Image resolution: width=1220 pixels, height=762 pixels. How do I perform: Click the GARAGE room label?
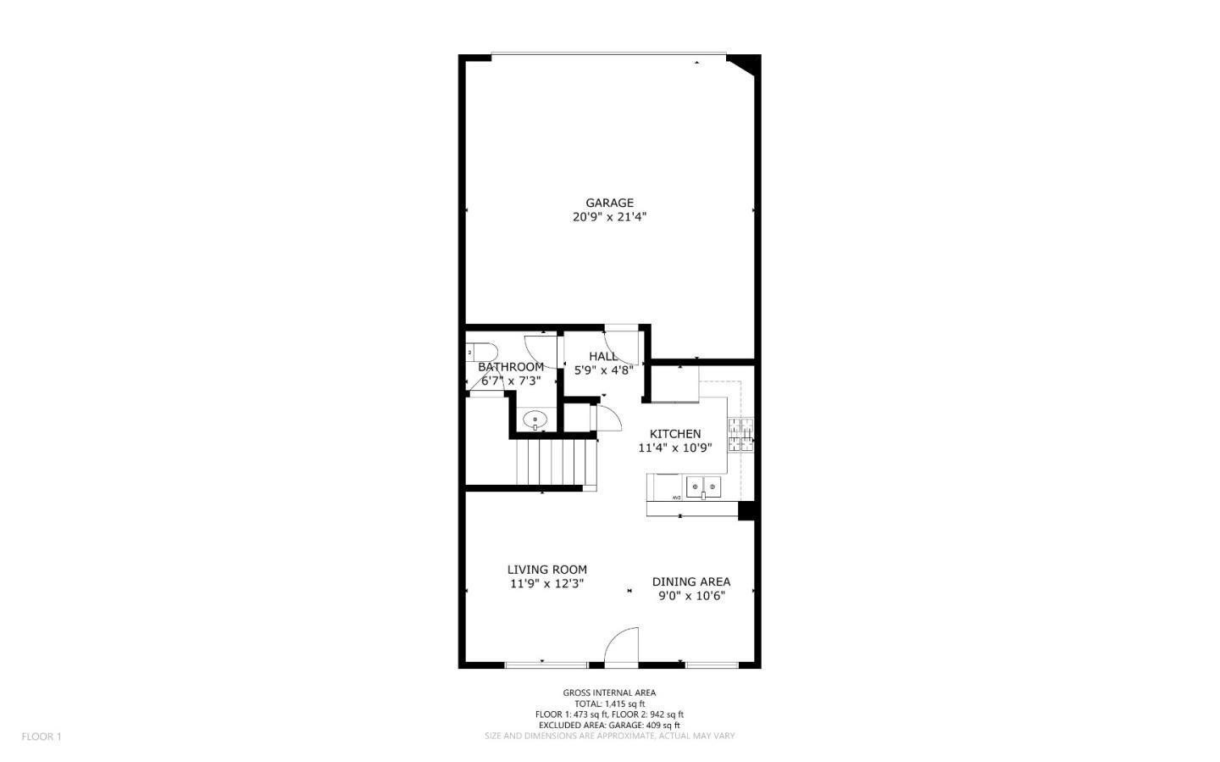tap(609, 203)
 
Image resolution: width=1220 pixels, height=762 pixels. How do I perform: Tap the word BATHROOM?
tap(511, 367)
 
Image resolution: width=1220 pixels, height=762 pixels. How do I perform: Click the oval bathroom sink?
tap(535, 419)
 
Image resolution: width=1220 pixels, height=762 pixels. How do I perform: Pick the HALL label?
tap(603, 357)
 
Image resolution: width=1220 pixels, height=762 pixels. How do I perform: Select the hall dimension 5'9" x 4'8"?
tap(603, 370)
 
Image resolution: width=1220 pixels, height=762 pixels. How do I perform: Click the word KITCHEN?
tap(675, 434)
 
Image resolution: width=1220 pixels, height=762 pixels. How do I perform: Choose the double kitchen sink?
tap(703, 487)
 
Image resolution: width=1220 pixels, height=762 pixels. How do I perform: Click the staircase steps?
tap(556, 461)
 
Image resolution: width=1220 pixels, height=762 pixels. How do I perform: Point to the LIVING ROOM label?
tap(546, 570)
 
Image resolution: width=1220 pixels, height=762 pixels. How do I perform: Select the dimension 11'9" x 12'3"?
tap(546, 584)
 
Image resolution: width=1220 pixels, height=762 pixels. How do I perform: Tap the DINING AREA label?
tap(690, 581)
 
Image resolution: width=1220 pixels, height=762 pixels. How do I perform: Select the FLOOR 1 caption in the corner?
tap(42, 737)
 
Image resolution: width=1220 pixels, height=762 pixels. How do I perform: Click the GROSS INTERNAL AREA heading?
tap(609, 692)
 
